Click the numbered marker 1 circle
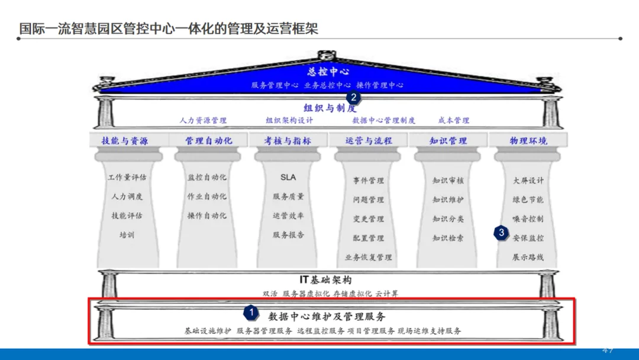point(251,311)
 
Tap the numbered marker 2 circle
point(353,98)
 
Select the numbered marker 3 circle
point(501,233)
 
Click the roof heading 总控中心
point(328,72)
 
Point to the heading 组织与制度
point(330,108)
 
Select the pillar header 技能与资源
point(125,141)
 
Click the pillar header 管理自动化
point(209,141)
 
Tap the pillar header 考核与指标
point(288,141)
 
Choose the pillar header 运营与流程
point(369,141)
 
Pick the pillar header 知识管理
point(448,141)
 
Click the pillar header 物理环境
point(528,141)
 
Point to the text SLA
point(288,177)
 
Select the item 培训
point(127,235)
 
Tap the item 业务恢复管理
point(369,258)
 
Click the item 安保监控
point(528,238)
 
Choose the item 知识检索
point(448,238)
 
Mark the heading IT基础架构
point(326,280)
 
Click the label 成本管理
point(454,121)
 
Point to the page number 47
point(608,351)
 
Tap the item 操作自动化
point(206,216)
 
